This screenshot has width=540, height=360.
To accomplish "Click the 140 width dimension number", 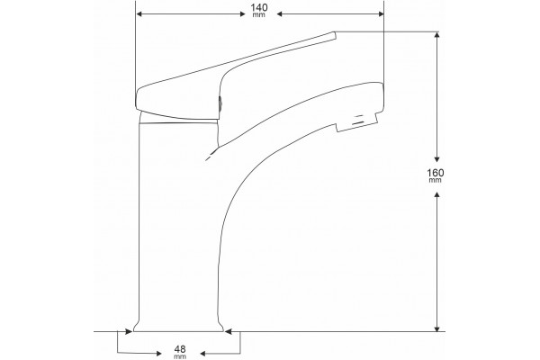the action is pos(259,7).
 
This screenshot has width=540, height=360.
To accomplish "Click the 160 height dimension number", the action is pos(436,172).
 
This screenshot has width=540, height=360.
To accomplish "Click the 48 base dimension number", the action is pos(180,350).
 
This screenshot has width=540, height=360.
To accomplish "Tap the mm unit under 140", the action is pos(259,15).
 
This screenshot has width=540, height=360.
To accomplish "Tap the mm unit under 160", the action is pos(436,180).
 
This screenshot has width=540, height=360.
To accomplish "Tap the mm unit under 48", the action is pos(180,357).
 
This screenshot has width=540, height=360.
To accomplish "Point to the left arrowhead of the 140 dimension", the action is pos(139,13).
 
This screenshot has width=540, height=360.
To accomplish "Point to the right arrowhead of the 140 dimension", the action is pos(381,13).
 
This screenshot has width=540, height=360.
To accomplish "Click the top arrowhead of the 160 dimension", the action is pos(437,35).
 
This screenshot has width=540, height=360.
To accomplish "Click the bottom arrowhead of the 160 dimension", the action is pos(437,328).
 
